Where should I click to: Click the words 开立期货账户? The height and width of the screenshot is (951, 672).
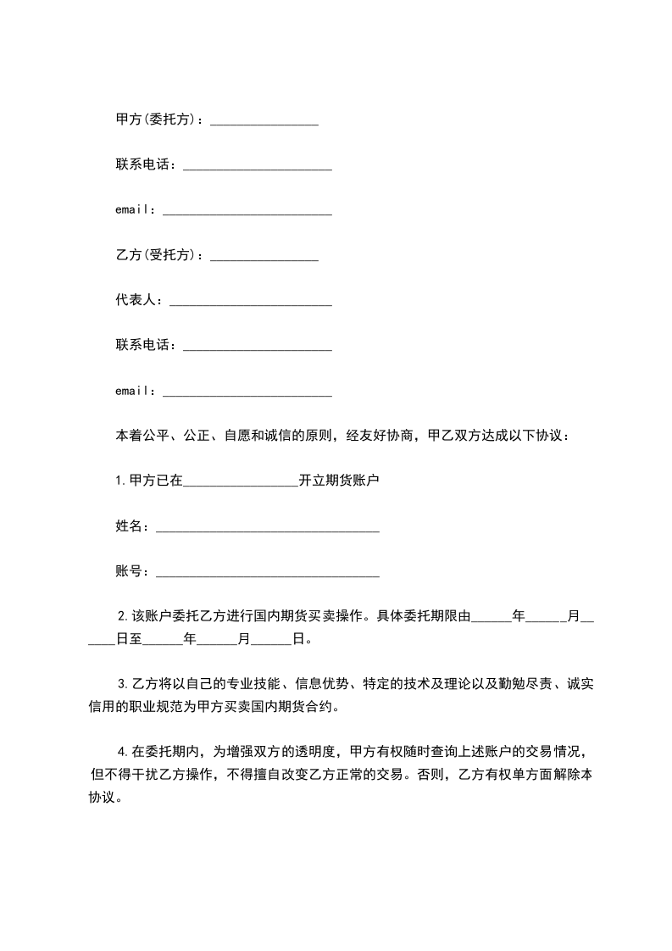[x=339, y=481]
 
